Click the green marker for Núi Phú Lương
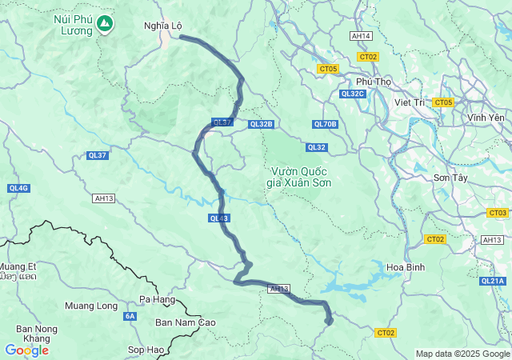(x=104, y=25)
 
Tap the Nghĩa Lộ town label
(x=161, y=26)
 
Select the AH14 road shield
(x=362, y=36)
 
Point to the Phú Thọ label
(x=374, y=82)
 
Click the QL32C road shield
(x=352, y=94)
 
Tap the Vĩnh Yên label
(x=486, y=118)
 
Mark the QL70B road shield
(x=326, y=124)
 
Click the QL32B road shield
(x=261, y=124)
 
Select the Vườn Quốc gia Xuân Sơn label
(x=301, y=177)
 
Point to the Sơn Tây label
(x=450, y=177)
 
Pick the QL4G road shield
(x=18, y=188)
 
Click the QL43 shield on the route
(x=219, y=218)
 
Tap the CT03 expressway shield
(x=497, y=213)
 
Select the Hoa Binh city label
(x=406, y=266)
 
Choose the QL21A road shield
(x=493, y=281)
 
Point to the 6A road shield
(x=130, y=317)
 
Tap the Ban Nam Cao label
(x=186, y=322)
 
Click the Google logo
(x=26, y=350)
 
